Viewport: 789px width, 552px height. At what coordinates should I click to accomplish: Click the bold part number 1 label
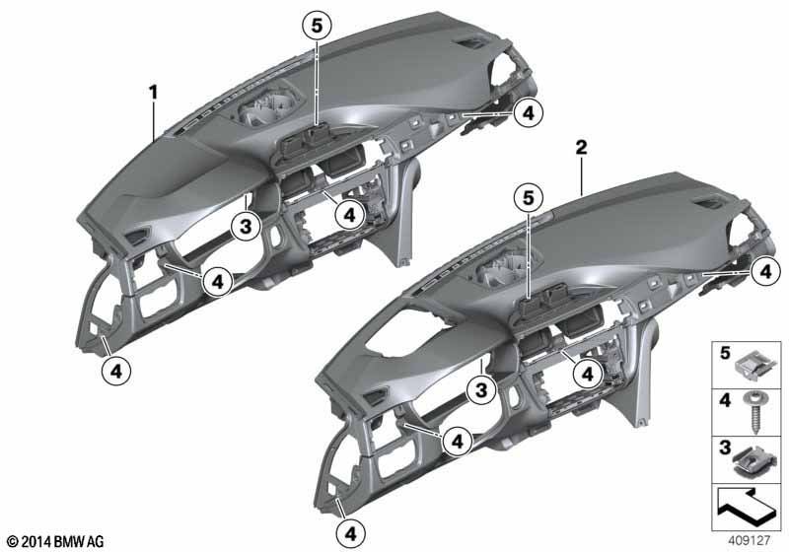click(154, 93)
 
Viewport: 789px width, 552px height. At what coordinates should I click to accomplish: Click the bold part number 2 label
click(581, 148)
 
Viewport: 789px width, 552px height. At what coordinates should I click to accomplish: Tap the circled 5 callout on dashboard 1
click(317, 27)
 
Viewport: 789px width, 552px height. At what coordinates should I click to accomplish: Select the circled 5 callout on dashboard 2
click(529, 198)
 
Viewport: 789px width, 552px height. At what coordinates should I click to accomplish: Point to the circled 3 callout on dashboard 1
click(246, 227)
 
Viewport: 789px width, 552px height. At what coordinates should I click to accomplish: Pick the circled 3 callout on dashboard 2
click(481, 389)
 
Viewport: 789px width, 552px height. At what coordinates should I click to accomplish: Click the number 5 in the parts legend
click(725, 354)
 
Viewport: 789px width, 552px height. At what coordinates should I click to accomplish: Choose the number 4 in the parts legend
click(725, 400)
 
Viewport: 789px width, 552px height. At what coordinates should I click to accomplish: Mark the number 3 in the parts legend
click(725, 448)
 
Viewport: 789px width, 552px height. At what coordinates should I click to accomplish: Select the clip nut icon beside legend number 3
click(751, 462)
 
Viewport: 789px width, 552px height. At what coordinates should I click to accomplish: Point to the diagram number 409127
click(750, 540)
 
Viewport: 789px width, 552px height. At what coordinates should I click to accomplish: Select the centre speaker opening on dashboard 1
click(266, 108)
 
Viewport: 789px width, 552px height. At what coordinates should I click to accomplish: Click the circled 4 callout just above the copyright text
click(116, 372)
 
